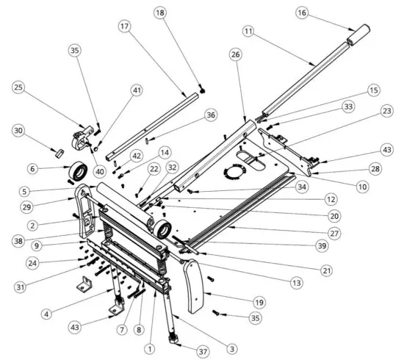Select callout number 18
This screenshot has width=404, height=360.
[161, 12]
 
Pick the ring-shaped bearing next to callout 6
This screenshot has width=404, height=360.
[79, 168]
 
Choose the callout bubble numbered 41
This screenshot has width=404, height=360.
[137, 90]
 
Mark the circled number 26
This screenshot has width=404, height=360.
[235, 54]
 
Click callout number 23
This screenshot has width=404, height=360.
[386, 112]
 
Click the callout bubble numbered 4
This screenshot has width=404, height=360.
[46, 314]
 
